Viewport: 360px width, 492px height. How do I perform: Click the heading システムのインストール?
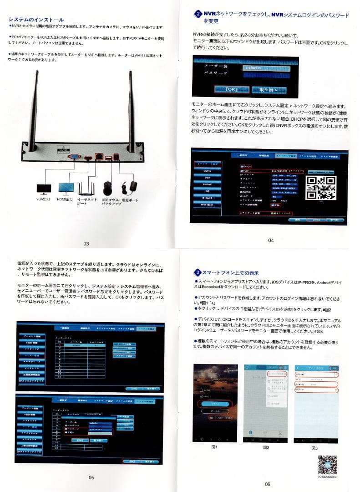pos(36,20)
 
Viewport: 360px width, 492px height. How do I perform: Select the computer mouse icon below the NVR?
pos(107,187)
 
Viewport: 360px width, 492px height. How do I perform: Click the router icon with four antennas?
pos(86,187)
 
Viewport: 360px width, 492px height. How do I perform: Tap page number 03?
pos(86,244)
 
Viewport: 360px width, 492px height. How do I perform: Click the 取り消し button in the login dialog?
pos(268,89)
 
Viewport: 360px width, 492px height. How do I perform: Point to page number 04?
pos(271,240)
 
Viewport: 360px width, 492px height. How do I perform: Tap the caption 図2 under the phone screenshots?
pos(266,447)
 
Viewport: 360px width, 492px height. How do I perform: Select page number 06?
pos(267,484)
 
